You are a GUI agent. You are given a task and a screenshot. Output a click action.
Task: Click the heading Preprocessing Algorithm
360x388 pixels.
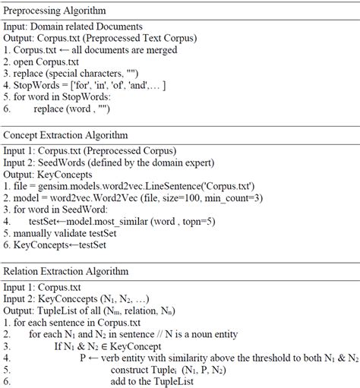(x=55, y=11)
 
